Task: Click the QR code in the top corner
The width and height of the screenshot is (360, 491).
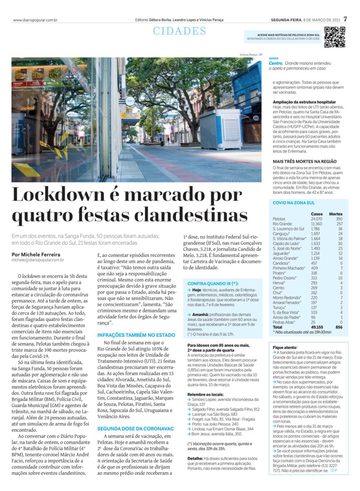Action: point(335,37)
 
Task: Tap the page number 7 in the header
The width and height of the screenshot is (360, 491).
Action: point(351,20)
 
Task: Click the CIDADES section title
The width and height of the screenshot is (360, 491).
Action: point(179,31)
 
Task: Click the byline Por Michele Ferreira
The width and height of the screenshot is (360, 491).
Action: point(36,255)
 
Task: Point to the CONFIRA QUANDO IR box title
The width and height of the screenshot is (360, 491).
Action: point(213,283)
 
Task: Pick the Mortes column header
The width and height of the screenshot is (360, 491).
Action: point(336,213)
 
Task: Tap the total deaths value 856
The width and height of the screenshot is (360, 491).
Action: point(339,327)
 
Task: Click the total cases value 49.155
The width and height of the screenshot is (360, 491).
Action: point(316,327)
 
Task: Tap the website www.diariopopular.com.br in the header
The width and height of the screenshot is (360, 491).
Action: point(35,20)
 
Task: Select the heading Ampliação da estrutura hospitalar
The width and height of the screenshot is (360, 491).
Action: point(304,102)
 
